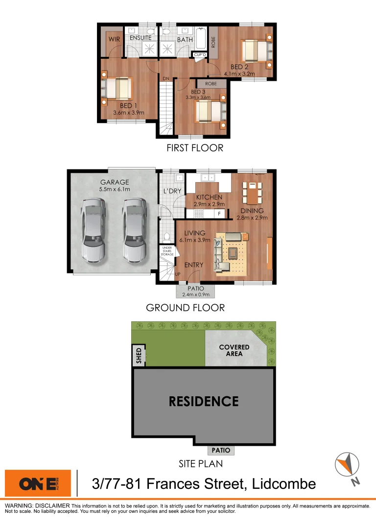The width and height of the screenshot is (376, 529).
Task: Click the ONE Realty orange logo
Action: (38, 483)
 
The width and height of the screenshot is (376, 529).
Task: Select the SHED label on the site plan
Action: (139, 356)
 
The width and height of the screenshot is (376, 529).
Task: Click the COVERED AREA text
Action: (234, 350)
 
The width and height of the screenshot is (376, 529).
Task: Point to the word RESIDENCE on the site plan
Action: (204, 402)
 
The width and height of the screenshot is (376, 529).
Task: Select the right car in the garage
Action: (135, 229)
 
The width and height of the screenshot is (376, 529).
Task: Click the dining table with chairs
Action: (253, 193)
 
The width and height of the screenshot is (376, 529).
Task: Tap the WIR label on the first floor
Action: (114, 39)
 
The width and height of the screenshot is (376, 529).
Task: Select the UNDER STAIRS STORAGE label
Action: (167, 252)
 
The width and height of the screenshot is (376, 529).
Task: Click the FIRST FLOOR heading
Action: (195, 147)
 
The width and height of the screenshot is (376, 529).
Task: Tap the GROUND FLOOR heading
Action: (185, 308)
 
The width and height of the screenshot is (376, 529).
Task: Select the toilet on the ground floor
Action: (167, 238)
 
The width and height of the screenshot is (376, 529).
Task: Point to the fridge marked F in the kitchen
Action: (220, 214)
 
